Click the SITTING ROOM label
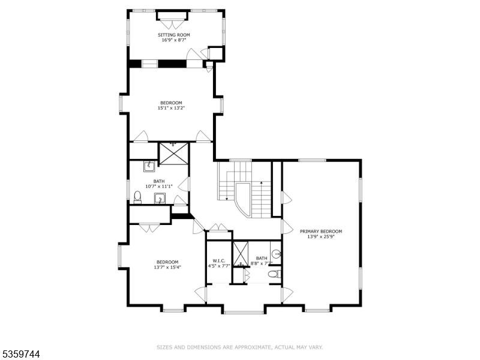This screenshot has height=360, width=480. click(x=174, y=35)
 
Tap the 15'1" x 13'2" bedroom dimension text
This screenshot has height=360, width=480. click(x=171, y=108)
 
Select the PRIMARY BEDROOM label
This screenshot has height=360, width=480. click(x=321, y=231)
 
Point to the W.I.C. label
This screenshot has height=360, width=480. click(x=219, y=260)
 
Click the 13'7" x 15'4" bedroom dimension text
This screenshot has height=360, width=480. click(x=167, y=267)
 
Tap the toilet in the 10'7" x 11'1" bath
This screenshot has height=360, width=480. click(x=138, y=196)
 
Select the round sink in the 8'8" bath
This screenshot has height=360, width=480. click(x=277, y=254)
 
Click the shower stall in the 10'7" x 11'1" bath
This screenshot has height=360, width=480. click(x=173, y=152)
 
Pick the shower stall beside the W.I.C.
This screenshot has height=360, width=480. click(x=241, y=253)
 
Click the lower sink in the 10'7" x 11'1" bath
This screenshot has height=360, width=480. click(x=160, y=199)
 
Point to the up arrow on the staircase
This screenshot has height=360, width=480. click(x=262, y=182)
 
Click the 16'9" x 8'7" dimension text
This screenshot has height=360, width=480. click(x=174, y=40)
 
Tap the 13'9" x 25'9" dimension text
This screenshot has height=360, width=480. click(x=321, y=236)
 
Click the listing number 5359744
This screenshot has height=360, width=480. click(x=20, y=355)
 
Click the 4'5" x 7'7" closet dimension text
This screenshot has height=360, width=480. click(x=219, y=265)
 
